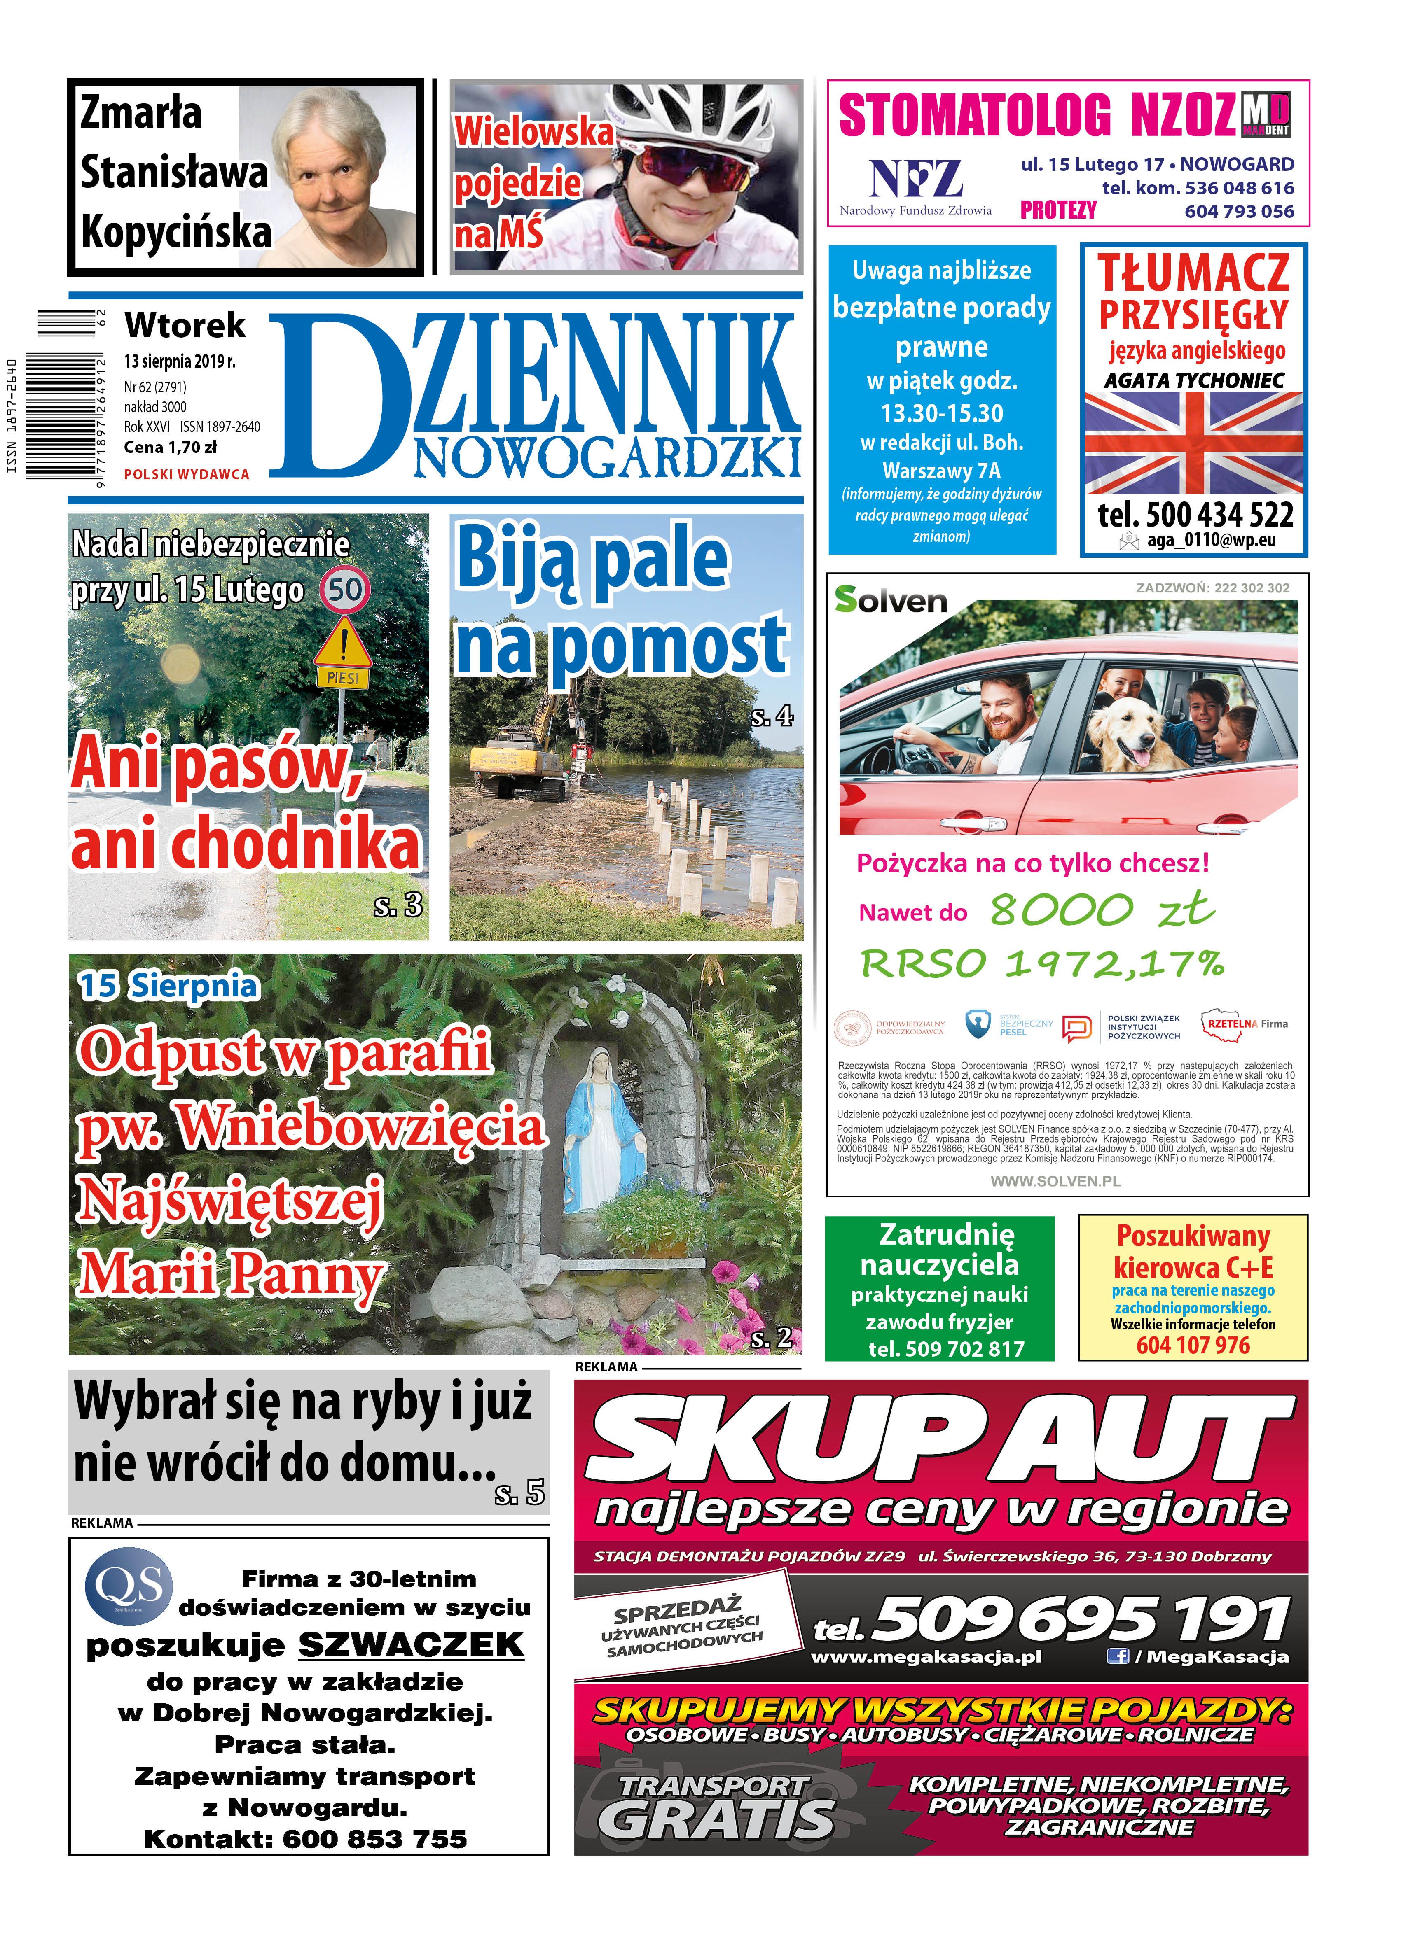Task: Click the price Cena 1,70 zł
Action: (x=170, y=447)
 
